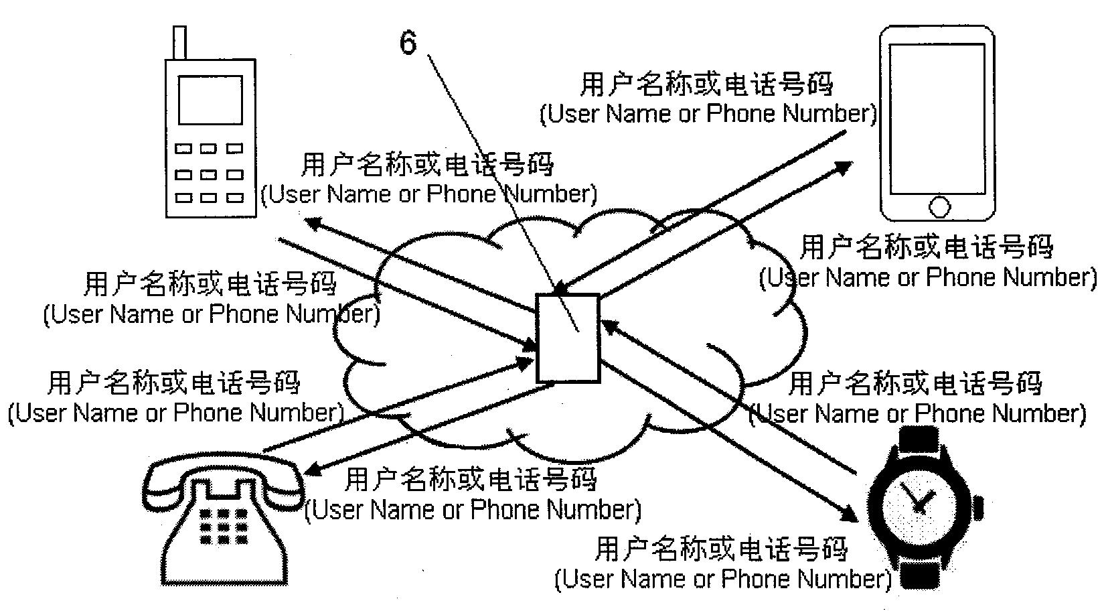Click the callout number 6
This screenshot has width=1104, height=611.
tap(408, 43)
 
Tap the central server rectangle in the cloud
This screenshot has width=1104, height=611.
tap(568, 338)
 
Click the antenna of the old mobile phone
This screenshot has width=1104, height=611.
tap(179, 42)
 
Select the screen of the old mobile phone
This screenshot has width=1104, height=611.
tap(210, 100)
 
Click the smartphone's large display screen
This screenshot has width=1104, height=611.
tap(937, 119)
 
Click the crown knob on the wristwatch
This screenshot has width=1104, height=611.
tap(979, 505)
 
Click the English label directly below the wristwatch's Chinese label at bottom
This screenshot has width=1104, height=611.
tap(723, 578)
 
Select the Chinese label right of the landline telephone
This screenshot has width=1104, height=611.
tap(470, 479)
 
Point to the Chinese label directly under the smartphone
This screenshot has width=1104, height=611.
tap(927, 247)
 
